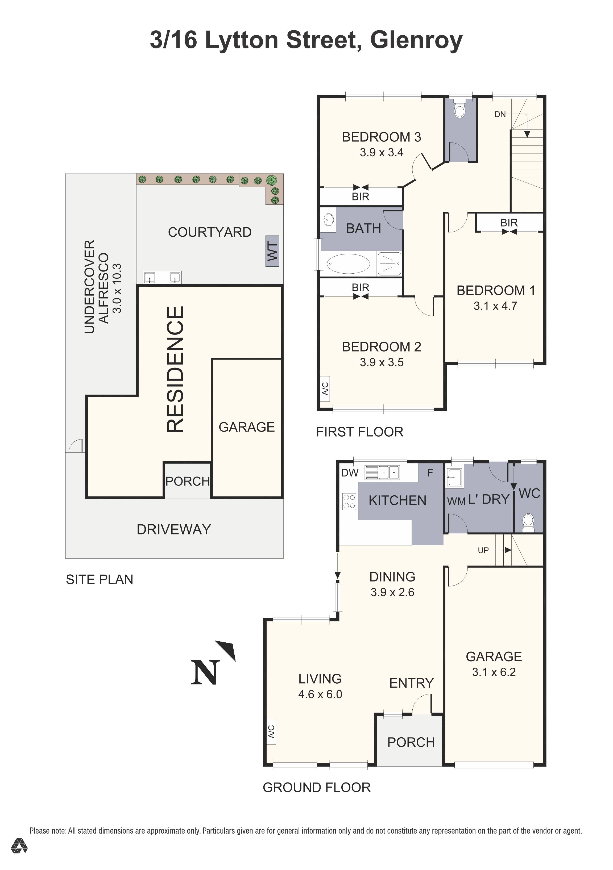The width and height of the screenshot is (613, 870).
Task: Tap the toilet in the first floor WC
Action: click(460, 109)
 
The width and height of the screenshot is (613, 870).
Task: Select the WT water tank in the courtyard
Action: click(272, 251)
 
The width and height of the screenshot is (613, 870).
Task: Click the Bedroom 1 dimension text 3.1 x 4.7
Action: click(495, 306)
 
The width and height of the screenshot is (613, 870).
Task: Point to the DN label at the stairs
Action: click(500, 114)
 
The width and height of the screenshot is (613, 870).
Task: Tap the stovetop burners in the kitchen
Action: click(349, 501)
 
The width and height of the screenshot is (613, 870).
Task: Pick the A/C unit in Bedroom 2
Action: click(325, 388)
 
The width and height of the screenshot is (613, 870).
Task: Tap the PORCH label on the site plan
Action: click(187, 481)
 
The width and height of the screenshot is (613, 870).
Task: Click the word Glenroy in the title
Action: click(416, 40)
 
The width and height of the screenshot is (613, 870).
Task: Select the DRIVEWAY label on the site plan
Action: click(174, 529)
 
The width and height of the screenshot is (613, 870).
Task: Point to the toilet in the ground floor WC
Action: click(528, 522)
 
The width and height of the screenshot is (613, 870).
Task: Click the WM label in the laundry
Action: click(456, 501)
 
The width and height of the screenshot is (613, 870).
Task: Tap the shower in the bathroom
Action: click(389, 263)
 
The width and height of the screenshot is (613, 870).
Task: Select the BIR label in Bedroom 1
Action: click(509, 223)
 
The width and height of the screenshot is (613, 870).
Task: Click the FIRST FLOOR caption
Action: click(359, 432)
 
